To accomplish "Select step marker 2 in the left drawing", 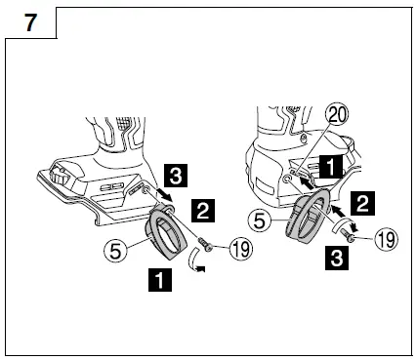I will point(201,209).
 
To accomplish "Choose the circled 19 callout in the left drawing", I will point(240,250).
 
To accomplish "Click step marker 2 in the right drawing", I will point(362,202).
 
